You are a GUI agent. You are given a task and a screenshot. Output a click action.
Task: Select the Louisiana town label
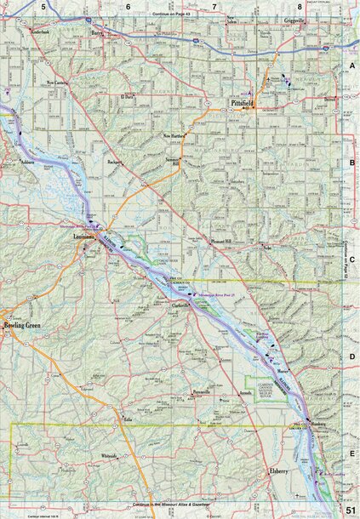coord(84,235)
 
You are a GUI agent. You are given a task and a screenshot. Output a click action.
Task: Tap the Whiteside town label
coord(110,455)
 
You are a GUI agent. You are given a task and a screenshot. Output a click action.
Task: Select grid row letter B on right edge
coord(351,159)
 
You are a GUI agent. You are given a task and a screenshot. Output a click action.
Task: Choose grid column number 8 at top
coord(300,6)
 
